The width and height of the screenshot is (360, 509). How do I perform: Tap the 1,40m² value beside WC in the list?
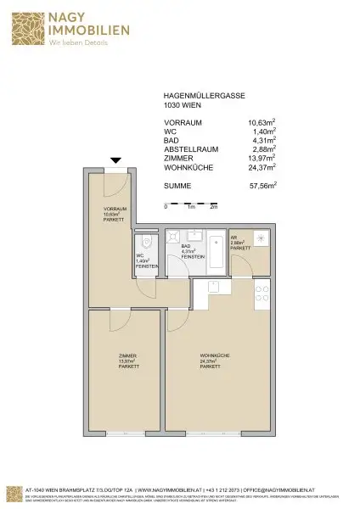[266, 132]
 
